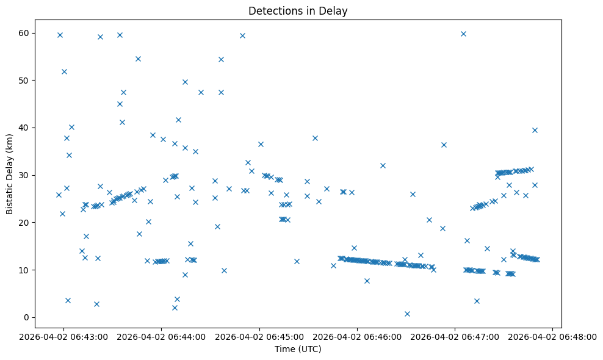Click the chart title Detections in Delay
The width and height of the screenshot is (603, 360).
coord(298,10)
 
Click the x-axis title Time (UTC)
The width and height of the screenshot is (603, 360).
coord(298,349)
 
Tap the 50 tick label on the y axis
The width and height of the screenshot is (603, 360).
coord(24,81)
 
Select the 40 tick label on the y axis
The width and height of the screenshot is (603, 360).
coord(24,128)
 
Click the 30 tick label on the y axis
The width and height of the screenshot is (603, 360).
coord(24,175)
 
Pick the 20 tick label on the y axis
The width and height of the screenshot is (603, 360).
coord(24,223)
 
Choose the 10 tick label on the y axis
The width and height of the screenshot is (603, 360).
coord(24,270)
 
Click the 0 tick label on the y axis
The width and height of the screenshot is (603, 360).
coord(27,317)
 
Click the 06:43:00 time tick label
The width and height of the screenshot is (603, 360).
coord(63,336)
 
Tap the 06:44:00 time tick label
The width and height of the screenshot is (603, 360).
coord(161,336)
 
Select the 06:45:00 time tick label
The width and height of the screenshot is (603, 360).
coord(259,336)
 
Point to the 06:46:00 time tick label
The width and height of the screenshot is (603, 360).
coord(357,336)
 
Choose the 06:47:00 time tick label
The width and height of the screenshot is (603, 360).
coord(455,336)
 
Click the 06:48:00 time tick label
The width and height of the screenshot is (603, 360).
coord(553,336)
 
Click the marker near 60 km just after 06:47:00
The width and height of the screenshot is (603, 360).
coord(463,34)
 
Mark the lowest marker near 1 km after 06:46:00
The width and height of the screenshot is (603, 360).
coord(407,314)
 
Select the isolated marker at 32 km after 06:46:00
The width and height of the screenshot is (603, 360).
coord(383,165)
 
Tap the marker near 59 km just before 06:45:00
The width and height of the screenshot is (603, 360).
coord(242,35)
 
